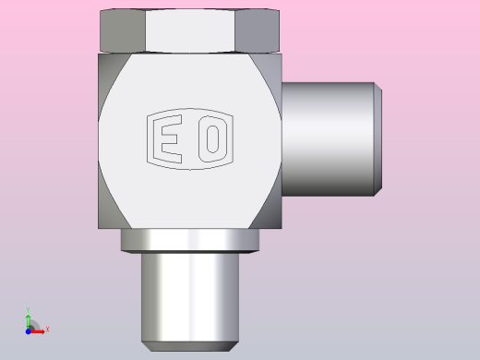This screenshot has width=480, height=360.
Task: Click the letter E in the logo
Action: (168, 139)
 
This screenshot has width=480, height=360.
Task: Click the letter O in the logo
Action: (213, 139)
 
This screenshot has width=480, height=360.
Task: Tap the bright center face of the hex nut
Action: (190, 30)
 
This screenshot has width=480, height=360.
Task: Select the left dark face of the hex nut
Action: (123, 30)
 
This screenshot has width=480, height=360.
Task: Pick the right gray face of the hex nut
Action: (258, 30)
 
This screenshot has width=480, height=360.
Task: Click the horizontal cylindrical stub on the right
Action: (328, 139)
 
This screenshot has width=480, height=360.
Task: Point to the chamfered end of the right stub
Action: (378, 139)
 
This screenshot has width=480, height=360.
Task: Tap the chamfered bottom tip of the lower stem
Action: (190, 346)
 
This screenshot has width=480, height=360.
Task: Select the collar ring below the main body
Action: (190, 241)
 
